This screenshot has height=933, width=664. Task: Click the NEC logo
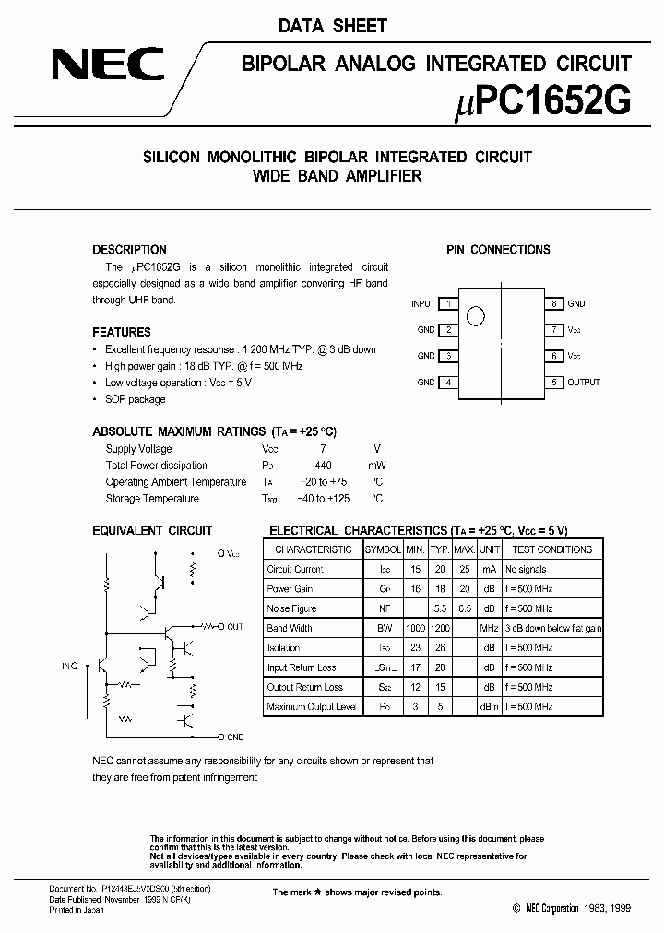107,65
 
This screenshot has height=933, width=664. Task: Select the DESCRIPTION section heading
129,250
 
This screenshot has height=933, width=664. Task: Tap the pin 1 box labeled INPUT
448,303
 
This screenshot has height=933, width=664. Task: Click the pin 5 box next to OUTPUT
553,382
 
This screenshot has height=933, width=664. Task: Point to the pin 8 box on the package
553,303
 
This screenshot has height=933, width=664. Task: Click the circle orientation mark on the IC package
476,316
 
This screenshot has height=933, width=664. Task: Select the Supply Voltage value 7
322,449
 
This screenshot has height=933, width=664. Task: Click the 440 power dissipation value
322,466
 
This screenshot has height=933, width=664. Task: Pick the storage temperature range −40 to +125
322,499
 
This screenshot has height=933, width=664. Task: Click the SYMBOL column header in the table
383,549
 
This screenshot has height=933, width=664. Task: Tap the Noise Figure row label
291,608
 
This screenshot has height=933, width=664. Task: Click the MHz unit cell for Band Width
488,628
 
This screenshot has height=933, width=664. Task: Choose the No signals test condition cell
527,569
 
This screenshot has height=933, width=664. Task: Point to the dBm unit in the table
488,706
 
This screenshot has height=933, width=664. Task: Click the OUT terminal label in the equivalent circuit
234,627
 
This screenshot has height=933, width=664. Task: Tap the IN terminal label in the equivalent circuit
68,665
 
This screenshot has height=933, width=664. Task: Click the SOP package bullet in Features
135,399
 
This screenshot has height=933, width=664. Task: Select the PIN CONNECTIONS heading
498,250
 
